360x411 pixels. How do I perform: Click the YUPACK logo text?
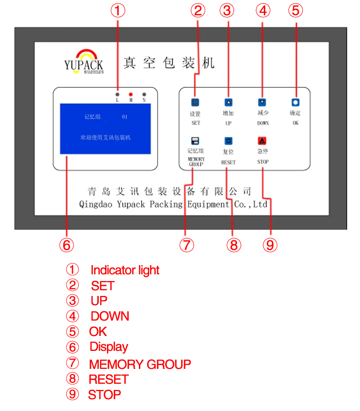coord(83,65)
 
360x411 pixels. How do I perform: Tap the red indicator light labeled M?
coord(131,95)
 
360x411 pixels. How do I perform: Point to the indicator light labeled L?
coord(118,95)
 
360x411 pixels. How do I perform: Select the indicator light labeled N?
coord(144,95)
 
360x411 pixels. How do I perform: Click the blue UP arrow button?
coord(228,102)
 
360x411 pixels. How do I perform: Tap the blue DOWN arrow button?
coord(262,102)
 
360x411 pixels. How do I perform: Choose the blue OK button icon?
coord(295,103)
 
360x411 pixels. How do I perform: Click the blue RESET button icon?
coord(228,141)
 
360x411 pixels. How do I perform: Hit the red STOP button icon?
coord(262,141)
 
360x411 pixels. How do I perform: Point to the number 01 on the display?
coord(124,117)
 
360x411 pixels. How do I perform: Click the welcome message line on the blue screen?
coord(106,138)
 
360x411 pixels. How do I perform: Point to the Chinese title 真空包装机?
coord(169,63)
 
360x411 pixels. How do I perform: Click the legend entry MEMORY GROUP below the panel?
coord(140,365)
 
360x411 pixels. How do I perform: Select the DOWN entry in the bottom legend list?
coord(110,316)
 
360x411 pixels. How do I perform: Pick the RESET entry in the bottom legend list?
coord(108,380)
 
